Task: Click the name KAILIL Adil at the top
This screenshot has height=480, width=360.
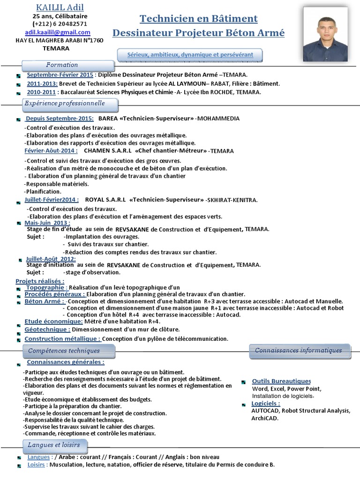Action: tap(60, 7)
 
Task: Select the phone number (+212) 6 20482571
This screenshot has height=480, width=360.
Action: tap(60, 24)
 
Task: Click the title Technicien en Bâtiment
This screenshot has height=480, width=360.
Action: tap(198, 19)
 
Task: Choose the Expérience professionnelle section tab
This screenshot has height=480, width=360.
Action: tap(65, 104)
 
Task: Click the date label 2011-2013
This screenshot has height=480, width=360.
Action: tap(42, 83)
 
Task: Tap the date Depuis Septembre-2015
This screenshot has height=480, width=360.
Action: tap(59, 119)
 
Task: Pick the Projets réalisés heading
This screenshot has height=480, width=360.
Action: tap(40, 281)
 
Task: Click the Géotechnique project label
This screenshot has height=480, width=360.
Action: tap(45, 330)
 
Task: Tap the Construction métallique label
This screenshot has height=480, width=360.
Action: tap(62, 338)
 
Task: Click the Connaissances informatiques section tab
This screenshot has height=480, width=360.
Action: tap(299, 350)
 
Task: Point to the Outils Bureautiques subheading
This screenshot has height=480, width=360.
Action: tap(281, 381)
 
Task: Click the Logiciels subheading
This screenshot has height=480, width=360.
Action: tap(266, 404)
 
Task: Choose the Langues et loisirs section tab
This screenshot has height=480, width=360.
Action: tap(54, 445)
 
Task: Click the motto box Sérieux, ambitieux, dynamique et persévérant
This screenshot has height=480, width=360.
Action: tap(190, 55)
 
